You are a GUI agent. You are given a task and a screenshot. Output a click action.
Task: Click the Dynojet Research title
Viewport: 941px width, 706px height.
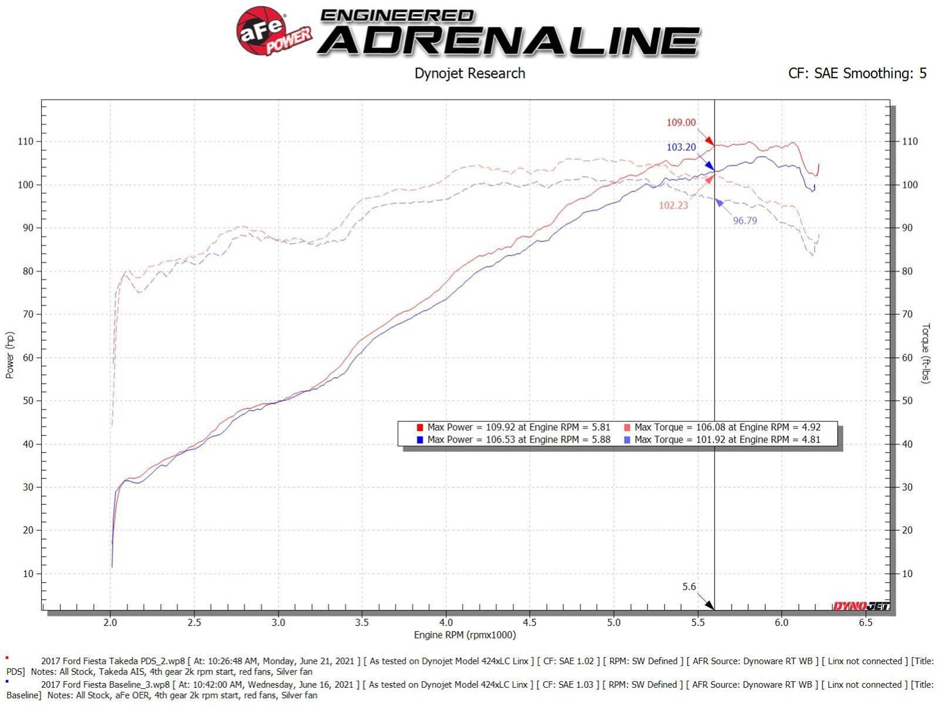[x=469, y=74]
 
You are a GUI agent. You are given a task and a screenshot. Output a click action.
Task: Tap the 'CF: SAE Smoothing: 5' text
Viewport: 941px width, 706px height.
[x=857, y=74]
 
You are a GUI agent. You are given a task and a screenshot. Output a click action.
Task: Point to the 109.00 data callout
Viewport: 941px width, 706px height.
[x=680, y=123]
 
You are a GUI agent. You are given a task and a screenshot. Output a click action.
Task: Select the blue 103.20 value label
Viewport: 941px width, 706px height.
[x=680, y=147]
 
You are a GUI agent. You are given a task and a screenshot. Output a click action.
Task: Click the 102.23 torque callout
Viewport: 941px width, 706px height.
[x=673, y=205]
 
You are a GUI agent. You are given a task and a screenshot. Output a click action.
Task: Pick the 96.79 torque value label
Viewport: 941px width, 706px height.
[x=745, y=221]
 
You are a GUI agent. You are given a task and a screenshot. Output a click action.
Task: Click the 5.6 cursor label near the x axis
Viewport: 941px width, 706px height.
[x=689, y=587]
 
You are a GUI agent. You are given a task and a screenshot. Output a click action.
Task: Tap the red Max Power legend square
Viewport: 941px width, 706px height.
[x=419, y=428]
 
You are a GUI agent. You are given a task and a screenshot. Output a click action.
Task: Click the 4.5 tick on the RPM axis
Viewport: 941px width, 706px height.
[x=529, y=622]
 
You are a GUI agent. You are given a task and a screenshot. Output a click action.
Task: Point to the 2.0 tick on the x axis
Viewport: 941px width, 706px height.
[x=110, y=622]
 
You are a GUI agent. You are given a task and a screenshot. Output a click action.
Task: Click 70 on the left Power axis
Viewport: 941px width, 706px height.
[x=28, y=314]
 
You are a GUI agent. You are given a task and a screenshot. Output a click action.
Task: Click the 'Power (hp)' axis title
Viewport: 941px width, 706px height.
[x=10, y=355]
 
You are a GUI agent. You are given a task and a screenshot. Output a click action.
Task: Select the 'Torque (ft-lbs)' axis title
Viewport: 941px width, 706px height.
[x=926, y=353]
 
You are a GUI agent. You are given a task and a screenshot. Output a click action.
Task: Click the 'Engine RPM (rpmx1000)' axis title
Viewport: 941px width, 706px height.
[x=465, y=635]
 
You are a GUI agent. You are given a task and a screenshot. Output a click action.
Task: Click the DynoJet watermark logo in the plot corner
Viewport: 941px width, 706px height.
[x=861, y=606]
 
